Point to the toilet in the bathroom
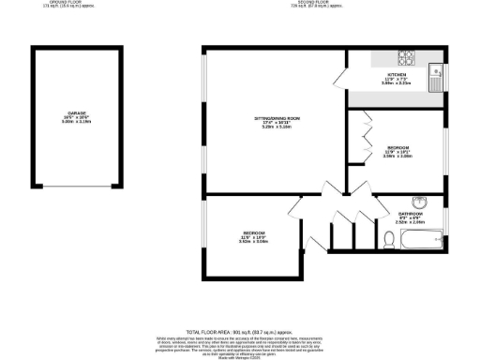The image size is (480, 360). click(388, 240)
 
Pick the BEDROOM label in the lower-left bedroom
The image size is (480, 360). click(253, 232)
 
